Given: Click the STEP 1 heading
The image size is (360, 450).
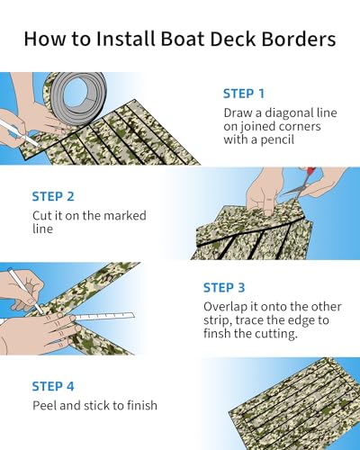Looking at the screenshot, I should click(245, 93).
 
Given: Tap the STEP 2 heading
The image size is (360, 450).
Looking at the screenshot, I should click(53, 196).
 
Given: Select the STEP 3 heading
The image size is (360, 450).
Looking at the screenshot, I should click(225, 287).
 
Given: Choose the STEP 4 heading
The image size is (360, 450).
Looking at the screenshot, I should click(53, 386).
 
